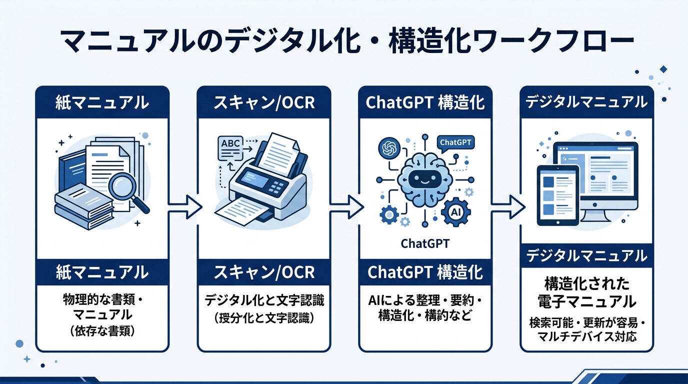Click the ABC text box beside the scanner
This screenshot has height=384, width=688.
pyautogui.click(x=230, y=143)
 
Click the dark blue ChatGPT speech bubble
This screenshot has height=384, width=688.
pyautogui.click(x=455, y=142)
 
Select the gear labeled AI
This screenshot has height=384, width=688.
pyautogui.click(x=455, y=212)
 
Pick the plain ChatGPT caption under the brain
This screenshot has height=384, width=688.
pyautogui.click(x=425, y=244)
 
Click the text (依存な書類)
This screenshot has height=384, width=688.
pyautogui.click(x=103, y=331)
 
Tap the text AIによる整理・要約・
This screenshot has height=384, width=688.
pyautogui.click(x=425, y=301)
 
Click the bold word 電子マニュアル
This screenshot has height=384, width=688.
pyautogui.click(x=586, y=301)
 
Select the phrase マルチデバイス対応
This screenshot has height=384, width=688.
pyautogui.click(x=586, y=336)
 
